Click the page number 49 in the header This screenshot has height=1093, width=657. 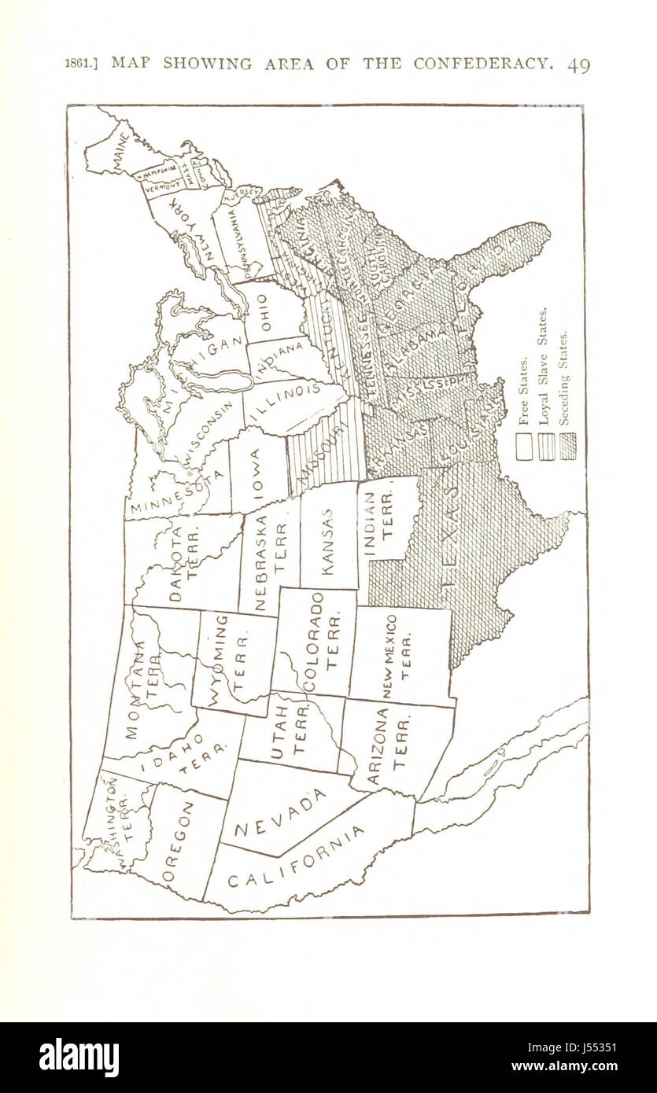578,65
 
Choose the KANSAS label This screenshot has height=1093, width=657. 327,538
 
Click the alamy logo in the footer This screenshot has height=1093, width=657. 79,1058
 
